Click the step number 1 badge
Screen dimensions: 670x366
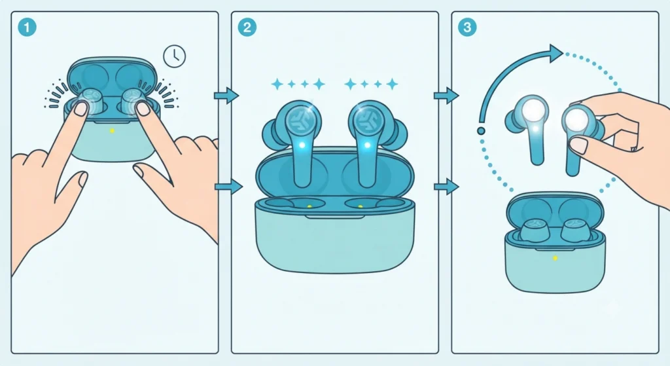[27, 27]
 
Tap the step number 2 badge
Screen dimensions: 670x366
[247, 27]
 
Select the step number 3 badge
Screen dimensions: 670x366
[467, 27]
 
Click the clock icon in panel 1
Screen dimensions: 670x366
[174, 56]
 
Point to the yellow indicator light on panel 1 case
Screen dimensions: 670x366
[112, 131]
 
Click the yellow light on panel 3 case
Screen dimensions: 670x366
[555, 258]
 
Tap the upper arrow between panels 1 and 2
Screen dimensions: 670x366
[226, 96]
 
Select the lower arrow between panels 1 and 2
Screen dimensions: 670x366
[228, 187]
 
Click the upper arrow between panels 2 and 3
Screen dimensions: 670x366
[446, 96]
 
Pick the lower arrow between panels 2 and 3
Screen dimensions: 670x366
[446, 187]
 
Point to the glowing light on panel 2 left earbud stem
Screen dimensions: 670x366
[302, 145]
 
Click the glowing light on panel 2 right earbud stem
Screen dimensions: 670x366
[368, 145]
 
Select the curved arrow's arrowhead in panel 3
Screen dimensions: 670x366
[556, 54]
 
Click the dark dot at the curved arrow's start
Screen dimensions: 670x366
[481, 131]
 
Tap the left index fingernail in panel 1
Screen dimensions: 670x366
[80, 109]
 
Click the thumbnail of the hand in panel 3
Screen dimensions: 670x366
[580, 145]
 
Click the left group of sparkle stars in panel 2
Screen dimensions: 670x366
[298, 84]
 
